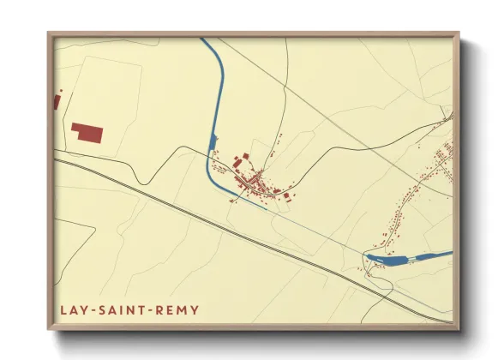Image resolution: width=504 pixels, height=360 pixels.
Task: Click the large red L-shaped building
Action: (x=87, y=133)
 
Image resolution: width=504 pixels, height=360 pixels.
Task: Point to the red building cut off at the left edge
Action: (x=57, y=102)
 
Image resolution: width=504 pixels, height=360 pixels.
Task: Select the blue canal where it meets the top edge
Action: (x=204, y=39)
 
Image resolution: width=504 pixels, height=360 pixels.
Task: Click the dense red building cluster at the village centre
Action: (x=254, y=181)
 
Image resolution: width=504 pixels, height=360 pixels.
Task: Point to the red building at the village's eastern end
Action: (x=286, y=195)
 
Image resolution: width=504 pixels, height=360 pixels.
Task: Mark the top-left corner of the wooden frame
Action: (x=49, y=33)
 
